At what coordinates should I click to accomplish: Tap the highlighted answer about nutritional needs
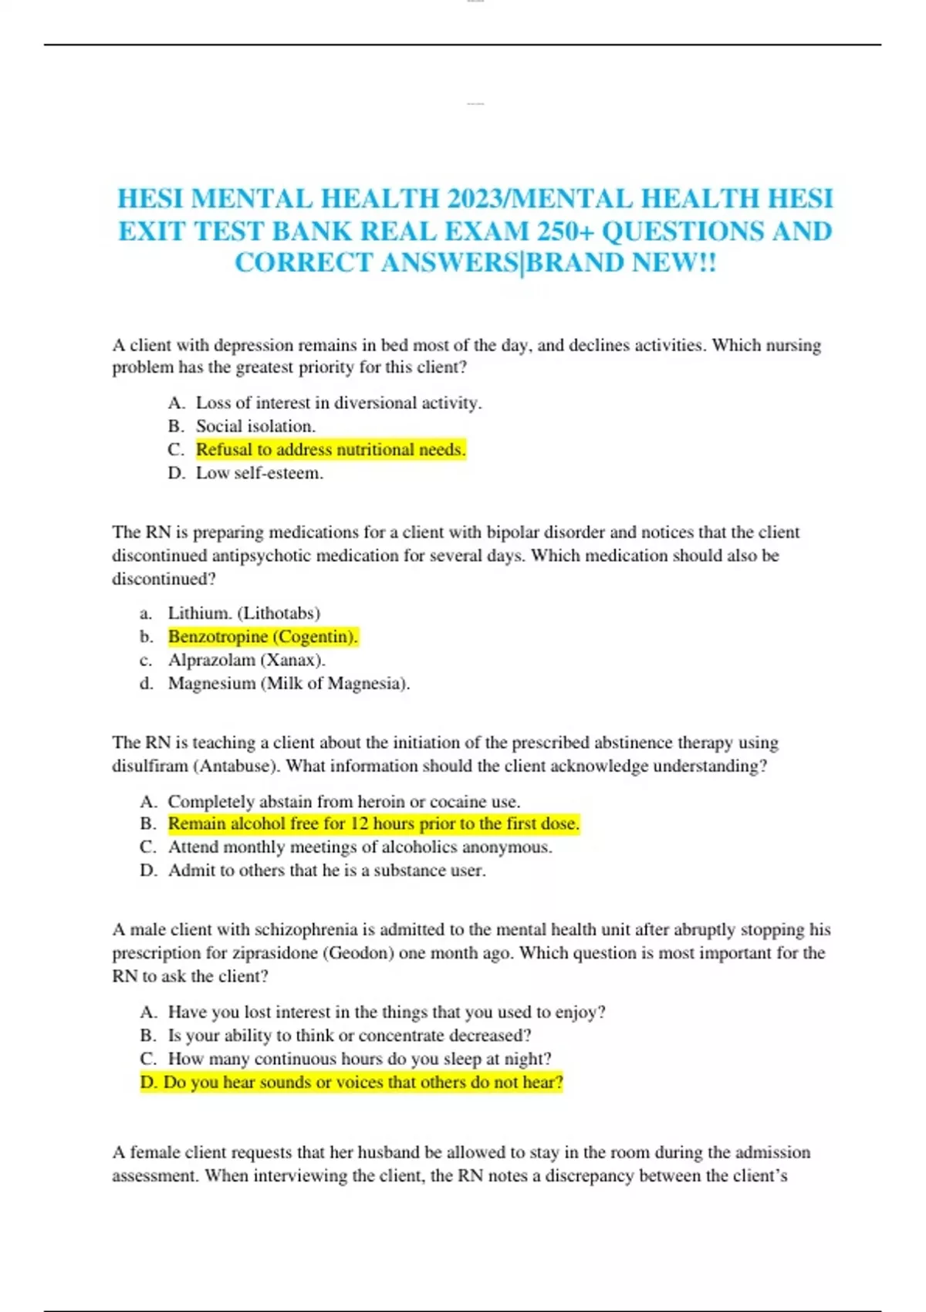coord(330,449)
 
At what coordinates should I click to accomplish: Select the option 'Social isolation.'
coord(255,426)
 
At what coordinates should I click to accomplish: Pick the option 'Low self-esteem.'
coord(259,473)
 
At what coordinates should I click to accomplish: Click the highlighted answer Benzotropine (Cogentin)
coord(262,637)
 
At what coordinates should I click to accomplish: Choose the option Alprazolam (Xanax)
coord(246,660)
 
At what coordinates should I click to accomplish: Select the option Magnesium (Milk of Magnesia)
coord(289,683)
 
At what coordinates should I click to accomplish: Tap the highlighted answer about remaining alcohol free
coord(373,823)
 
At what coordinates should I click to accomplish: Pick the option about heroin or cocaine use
coord(343,801)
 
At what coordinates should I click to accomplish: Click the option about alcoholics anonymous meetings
coord(360,847)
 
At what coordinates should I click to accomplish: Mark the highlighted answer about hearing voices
coord(352,1082)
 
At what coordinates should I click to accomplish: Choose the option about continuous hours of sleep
coord(360,1059)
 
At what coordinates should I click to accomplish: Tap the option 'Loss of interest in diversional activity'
coord(338,403)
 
